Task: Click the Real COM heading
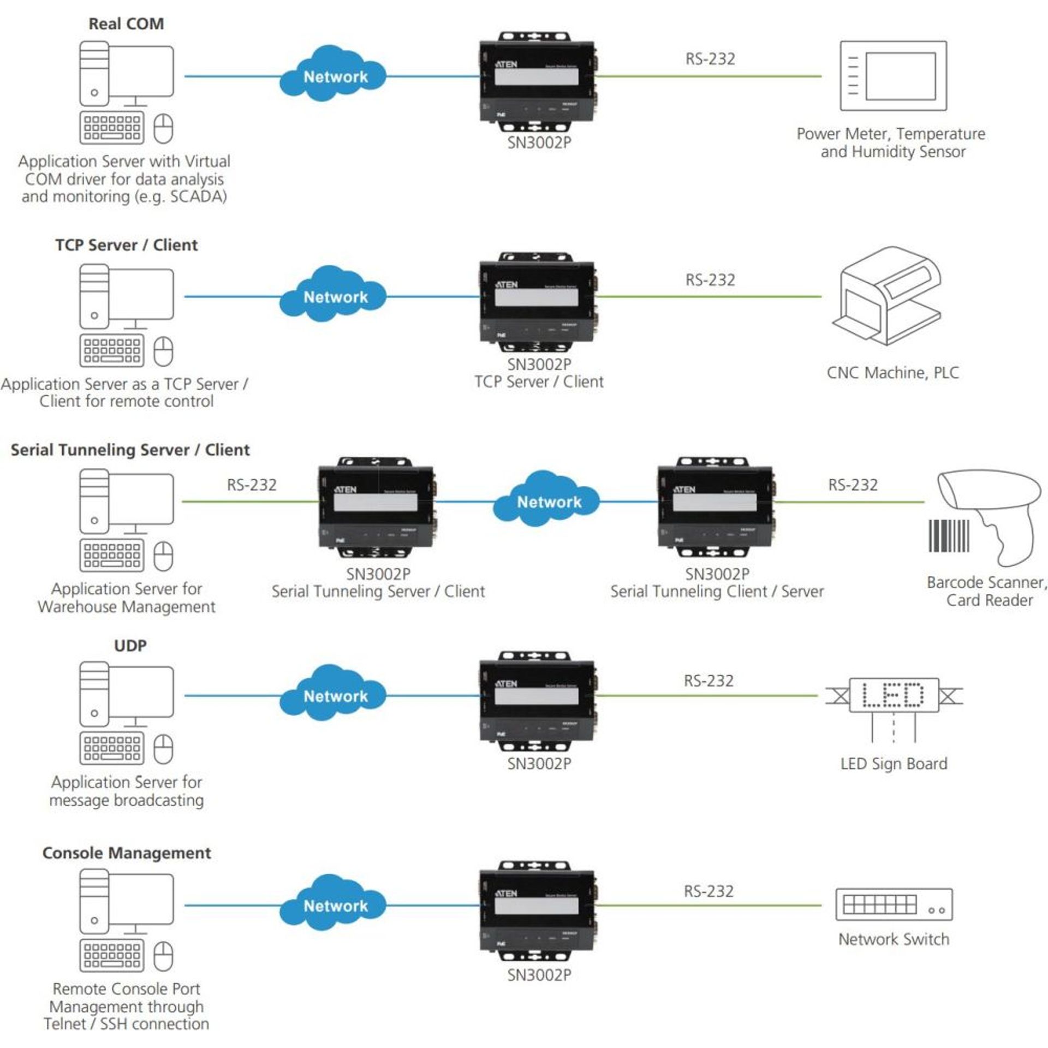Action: tap(126, 24)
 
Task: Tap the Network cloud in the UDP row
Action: tap(334, 696)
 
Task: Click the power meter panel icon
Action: tap(893, 76)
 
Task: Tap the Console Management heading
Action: tap(126, 853)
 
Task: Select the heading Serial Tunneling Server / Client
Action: tap(130, 450)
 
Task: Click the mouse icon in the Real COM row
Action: tap(163, 129)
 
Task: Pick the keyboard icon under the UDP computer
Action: tap(112, 748)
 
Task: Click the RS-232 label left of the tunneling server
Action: tap(252, 485)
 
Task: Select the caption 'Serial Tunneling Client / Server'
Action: tap(717, 591)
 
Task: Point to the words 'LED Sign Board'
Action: tap(894, 764)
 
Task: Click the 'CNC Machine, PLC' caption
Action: tap(892, 373)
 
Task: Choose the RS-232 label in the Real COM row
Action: tap(710, 59)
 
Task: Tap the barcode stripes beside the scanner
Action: tap(949, 535)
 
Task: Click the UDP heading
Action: tap(130, 646)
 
